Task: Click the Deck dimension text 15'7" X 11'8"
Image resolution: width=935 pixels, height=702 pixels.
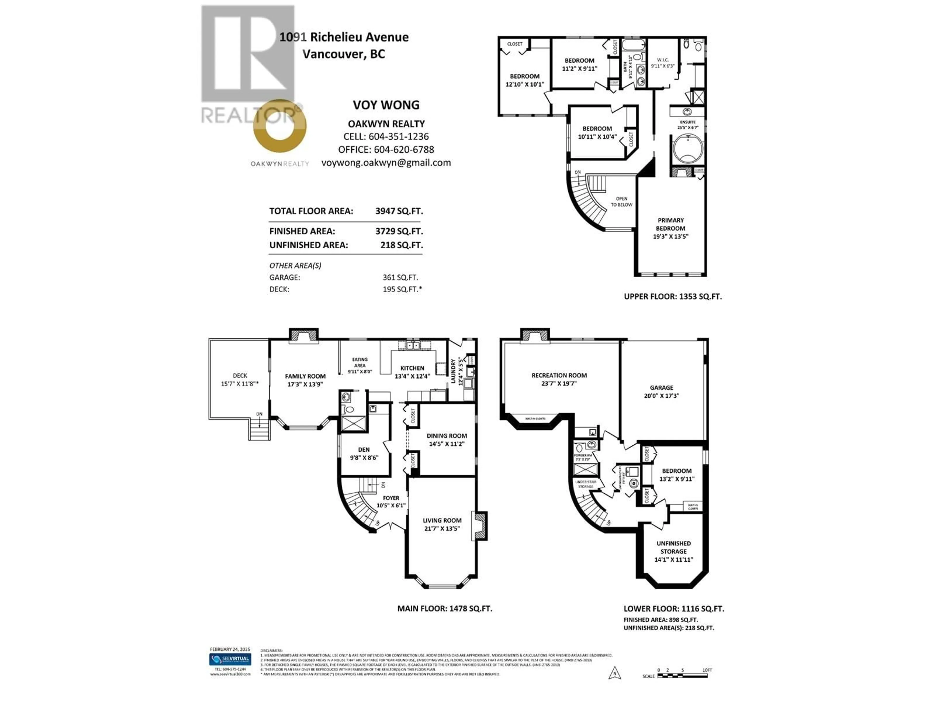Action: pos(240,384)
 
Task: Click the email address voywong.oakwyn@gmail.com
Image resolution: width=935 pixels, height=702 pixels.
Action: pos(386,163)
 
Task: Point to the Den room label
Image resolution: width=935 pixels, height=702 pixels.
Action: pos(364,450)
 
